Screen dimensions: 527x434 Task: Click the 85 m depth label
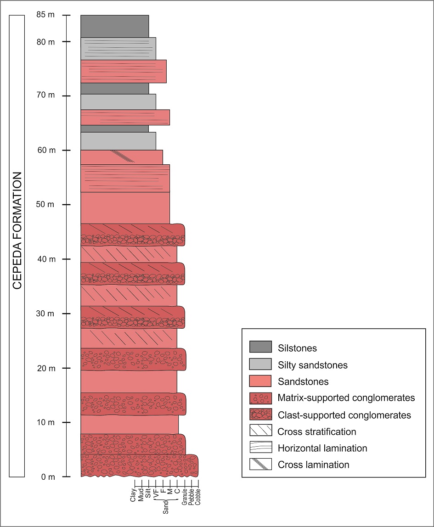[45, 15]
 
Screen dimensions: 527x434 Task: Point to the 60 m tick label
[45, 150]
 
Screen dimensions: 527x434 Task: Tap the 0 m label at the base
[47, 477]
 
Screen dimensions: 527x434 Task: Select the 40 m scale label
[45, 259]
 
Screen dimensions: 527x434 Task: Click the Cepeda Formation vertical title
[17, 231]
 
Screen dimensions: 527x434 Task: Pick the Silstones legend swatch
[260, 348]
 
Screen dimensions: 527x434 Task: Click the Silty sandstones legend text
[312, 365]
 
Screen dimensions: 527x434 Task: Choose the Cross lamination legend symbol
[260, 464]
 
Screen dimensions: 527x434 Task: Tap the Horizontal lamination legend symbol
[260, 448]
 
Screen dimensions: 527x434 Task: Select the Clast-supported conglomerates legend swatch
[260, 415]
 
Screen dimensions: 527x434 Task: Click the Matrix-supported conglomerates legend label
[346, 398]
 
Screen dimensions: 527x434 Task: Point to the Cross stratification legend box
[260, 431]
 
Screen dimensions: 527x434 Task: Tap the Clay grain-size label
[133, 496]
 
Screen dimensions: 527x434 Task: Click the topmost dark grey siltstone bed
[114, 26]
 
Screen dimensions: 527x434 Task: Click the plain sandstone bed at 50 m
[125, 207]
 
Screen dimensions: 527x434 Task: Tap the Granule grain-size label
[184, 499]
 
